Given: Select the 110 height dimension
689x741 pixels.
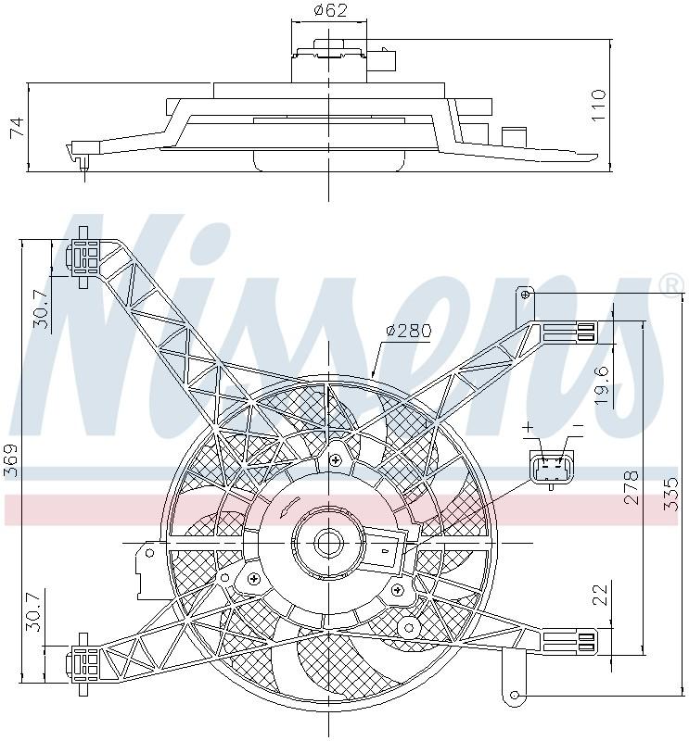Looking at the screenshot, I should click(598, 106).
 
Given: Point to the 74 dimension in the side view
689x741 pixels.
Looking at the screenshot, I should click(17, 128).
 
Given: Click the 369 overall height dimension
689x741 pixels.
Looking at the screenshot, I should click(11, 460).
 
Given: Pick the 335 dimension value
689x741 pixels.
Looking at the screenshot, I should click(672, 495).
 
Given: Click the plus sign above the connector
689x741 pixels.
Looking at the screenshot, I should click(530, 428).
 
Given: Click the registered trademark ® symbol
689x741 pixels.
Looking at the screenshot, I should click(669, 286).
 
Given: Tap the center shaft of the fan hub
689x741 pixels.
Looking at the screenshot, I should click(327, 542).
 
